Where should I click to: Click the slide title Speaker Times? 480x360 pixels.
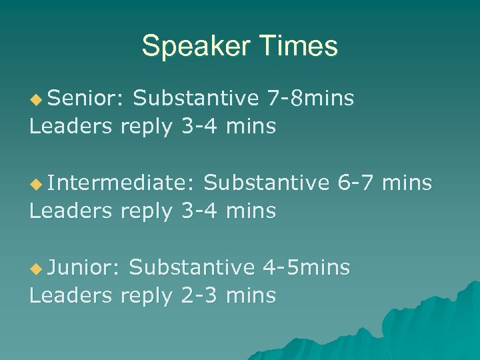pos(239,47)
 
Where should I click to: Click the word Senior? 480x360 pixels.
pos(85,99)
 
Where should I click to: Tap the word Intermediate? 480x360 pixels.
pos(120,183)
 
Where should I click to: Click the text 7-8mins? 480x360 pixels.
pos(310,99)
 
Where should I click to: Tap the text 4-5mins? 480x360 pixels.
pos(306,267)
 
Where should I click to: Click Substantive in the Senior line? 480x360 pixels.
pos(195,99)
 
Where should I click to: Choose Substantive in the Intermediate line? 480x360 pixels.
pos(266,183)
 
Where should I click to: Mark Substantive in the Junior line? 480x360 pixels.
pos(191,267)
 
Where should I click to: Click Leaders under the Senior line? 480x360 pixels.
pos(71,126)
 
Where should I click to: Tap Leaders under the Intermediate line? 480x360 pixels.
pos(71,211)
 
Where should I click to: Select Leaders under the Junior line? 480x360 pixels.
pos(71,295)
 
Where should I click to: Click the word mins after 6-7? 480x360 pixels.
pos(407,183)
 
